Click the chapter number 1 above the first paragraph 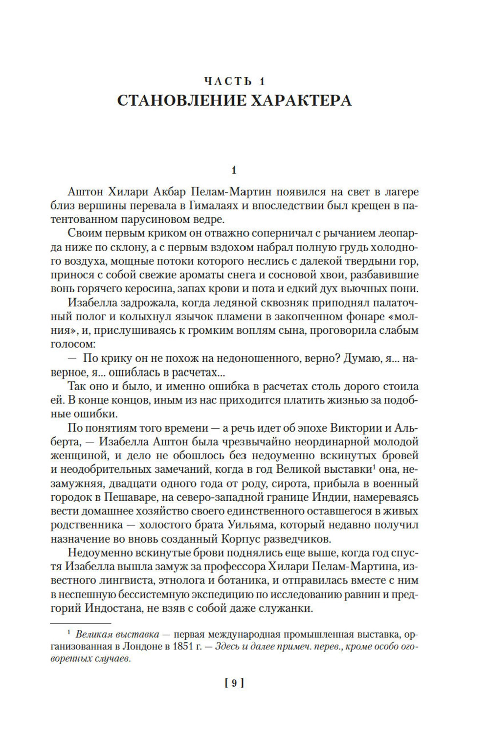234,170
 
